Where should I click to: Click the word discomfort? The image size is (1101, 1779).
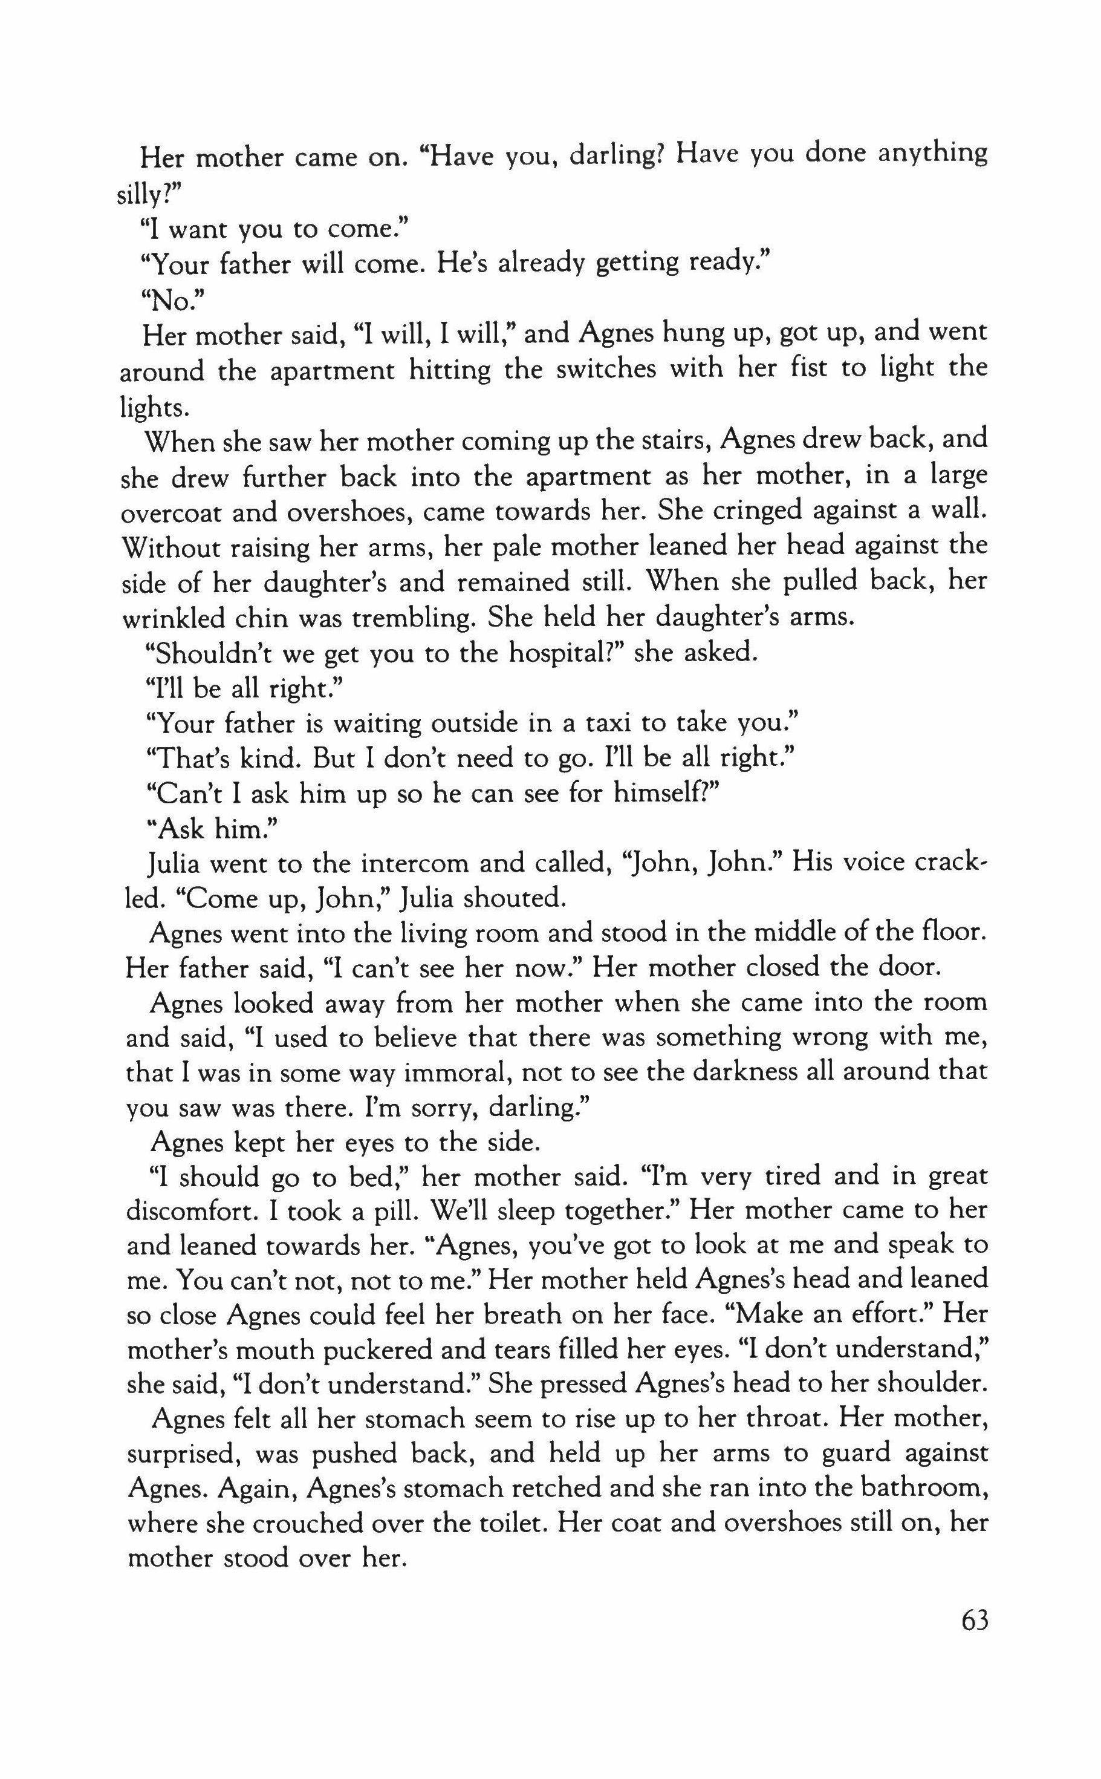point(192,1212)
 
